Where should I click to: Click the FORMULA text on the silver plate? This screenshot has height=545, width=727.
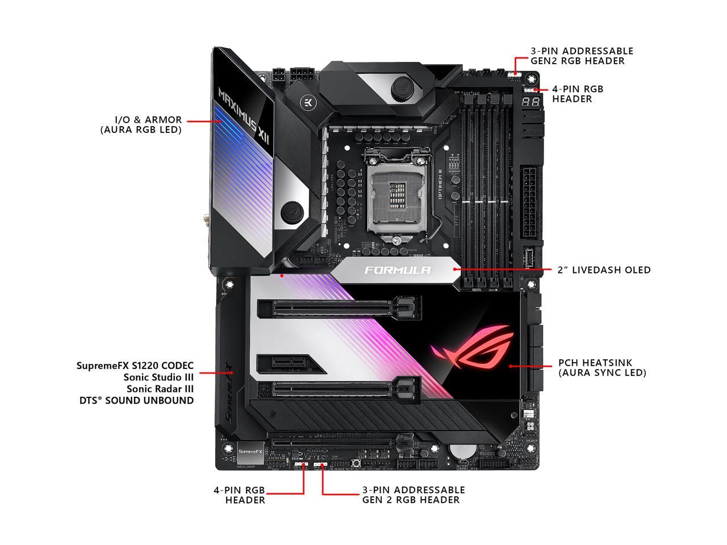click(398, 270)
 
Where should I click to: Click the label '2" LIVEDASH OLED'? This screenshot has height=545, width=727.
click(604, 270)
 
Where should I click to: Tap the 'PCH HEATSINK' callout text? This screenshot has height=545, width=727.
click(595, 362)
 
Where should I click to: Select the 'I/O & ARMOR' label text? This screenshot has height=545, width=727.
click(148, 120)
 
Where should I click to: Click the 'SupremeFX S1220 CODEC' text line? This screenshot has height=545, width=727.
click(135, 366)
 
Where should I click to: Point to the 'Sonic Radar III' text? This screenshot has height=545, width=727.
click(160, 389)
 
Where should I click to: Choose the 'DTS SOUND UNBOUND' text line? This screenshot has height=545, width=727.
click(136, 400)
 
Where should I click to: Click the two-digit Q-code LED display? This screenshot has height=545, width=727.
click(530, 102)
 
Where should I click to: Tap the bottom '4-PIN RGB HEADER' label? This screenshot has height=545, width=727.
click(239, 495)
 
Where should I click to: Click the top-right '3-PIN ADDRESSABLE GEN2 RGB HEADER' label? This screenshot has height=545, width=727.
click(582, 56)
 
